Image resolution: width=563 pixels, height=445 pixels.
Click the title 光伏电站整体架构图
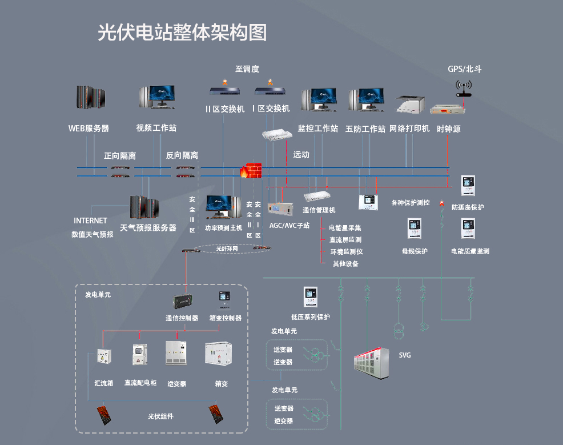click(182, 33)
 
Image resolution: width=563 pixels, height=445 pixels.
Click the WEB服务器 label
click(89, 129)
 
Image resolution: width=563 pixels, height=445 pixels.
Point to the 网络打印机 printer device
click(411, 105)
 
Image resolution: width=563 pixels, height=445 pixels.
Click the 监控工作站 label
click(318, 129)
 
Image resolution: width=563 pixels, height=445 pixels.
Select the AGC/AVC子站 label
click(289, 226)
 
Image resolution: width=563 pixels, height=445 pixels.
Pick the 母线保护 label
click(415, 251)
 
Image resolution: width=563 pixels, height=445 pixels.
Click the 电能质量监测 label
click(470, 251)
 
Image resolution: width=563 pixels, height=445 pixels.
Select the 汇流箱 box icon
click(103, 356)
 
